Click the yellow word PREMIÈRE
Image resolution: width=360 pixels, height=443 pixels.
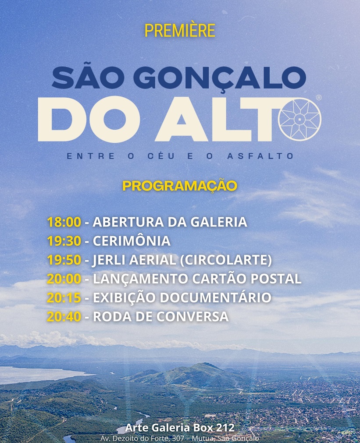click(x=180, y=30)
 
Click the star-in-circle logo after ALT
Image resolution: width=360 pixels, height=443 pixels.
click(x=300, y=119)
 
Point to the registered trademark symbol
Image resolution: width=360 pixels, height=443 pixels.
click(x=319, y=98)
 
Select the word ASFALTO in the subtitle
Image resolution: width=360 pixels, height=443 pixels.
click(x=260, y=156)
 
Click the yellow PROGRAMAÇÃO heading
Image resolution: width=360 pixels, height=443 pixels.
click(x=180, y=186)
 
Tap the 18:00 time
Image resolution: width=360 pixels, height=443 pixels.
click(x=64, y=222)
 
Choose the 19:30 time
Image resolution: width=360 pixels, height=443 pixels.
click(x=64, y=241)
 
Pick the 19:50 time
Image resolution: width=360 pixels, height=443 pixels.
click(x=64, y=260)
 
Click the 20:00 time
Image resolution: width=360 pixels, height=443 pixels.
click(x=64, y=279)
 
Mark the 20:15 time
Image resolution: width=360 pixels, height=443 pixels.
click(x=64, y=298)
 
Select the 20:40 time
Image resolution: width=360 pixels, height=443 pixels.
click(x=64, y=317)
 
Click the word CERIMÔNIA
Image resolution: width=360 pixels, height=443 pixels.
click(x=132, y=241)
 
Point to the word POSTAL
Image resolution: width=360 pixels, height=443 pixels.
click(x=276, y=279)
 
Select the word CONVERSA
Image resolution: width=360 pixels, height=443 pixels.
click(x=192, y=317)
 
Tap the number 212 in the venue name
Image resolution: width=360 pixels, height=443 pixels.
click(x=225, y=428)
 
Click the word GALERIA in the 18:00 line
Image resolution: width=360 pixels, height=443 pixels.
click(x=219, y=222)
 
